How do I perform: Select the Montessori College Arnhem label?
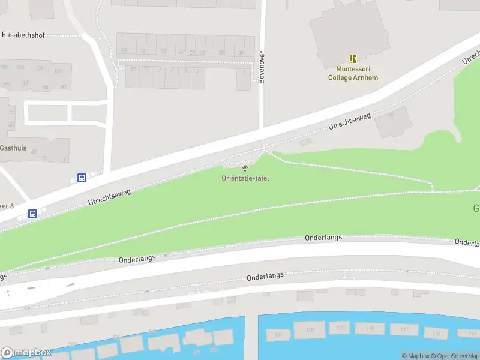click(353, 73)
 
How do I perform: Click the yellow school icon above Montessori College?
click(353, 59)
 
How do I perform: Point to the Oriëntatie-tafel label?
click(245, 178)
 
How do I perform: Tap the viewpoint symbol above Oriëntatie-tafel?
click(245, 168)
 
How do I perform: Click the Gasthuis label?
click(13, 148)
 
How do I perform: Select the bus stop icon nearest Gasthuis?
click(82, 178)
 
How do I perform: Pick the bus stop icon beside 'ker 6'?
click(33, 214)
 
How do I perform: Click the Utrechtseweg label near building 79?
click(350, 121)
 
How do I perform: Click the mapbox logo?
click(26, 352)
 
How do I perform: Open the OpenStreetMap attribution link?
click(455, 356)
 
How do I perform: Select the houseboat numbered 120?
click(310, 329)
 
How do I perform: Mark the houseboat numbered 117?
click(403, 329)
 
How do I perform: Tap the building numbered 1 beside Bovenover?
click(244, 78)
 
